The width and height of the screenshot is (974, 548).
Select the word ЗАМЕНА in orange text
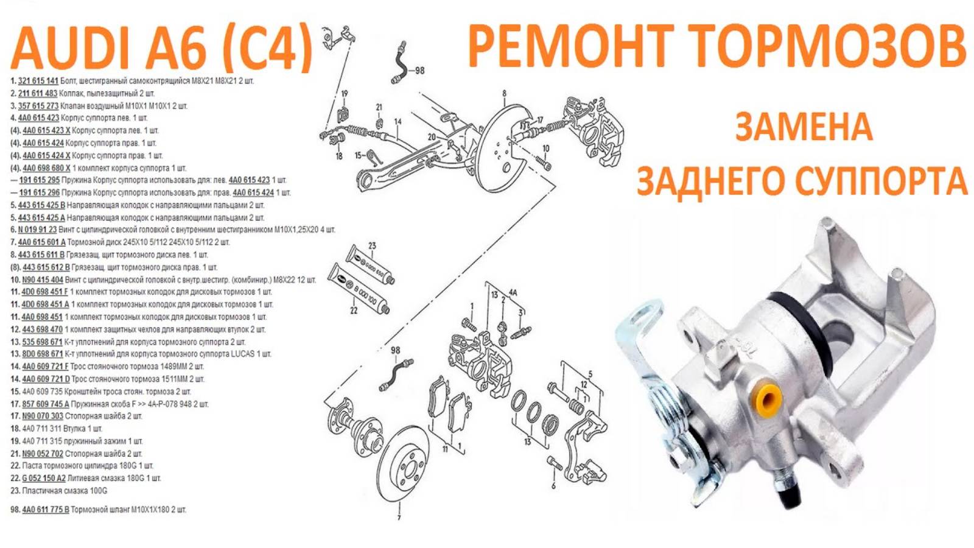pyautogui.click(x=803, y=127)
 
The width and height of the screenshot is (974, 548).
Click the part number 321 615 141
pyautogui.click(x=38, y=81)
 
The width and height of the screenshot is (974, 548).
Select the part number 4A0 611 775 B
pyautogui.click(x=46, y=510)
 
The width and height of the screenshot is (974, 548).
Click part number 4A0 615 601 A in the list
pyautogui.click(x=41, y=242)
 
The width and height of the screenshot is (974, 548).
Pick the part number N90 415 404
pyautogui.click(x=43, y=280)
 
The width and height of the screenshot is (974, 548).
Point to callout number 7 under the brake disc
pyautogui.click(x=399, y=518)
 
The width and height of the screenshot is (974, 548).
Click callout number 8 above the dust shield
pyautogui.click(x=504, y=94)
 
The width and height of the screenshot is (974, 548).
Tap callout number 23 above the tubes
pyautogui.click(x=372, y=246)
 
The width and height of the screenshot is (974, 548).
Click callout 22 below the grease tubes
pyautogui.click(x=354, y=311)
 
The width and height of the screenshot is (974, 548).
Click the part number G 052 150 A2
pyautogui.click(x=44, y=479)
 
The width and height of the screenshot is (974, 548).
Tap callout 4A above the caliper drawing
pyautogui.click(x=513, y=292)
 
